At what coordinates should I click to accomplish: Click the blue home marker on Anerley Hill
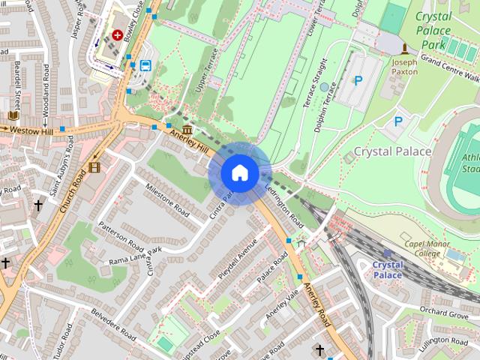tap(239, 172)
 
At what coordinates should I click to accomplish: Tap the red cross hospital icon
tap(118, 34)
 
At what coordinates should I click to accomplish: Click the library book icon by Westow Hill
tap(13, 115)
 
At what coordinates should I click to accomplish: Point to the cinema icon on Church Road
tap(93, 166)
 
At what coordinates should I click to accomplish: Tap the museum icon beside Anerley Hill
tap(185, 130)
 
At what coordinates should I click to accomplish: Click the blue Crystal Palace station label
tap(387, 270)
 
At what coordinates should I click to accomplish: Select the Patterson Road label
tap(120, 236)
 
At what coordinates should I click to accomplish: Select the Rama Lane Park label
tap(135, 256)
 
